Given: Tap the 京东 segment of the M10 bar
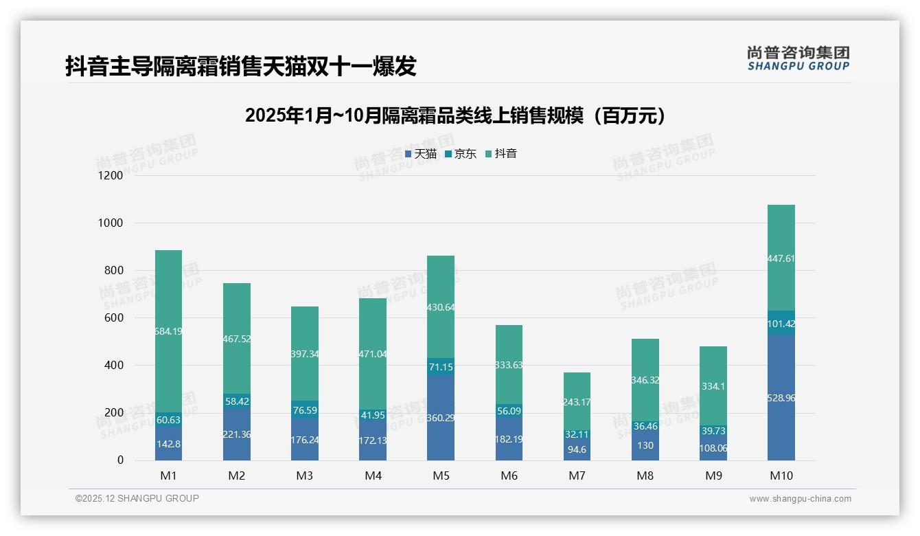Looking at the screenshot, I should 781,323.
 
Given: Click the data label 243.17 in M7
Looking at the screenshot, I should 577,402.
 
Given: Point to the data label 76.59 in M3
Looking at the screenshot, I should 305,410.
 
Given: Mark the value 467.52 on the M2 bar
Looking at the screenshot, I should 237,339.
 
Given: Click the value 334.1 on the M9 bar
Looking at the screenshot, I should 713,386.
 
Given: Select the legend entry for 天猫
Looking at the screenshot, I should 421,154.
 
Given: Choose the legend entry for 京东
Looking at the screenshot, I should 461,154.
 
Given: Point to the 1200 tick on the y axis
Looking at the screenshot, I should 111,176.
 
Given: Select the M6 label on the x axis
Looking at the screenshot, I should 509,476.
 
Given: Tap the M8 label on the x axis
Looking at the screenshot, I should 645,476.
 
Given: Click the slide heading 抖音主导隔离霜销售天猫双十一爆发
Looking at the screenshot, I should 241,67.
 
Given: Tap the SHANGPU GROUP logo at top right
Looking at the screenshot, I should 798,58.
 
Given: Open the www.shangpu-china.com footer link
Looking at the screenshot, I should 800,499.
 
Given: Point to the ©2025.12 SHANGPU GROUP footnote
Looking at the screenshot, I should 137,499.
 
